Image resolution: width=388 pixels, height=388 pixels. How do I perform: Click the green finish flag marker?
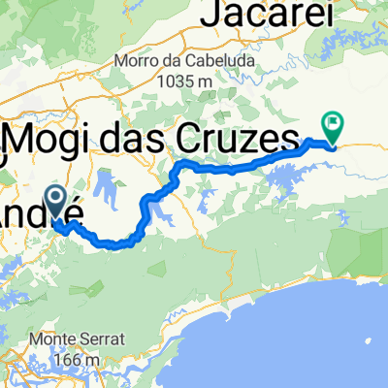click(x=333, y=124)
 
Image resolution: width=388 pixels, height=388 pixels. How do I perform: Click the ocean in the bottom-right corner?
click(x=330, y=339)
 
